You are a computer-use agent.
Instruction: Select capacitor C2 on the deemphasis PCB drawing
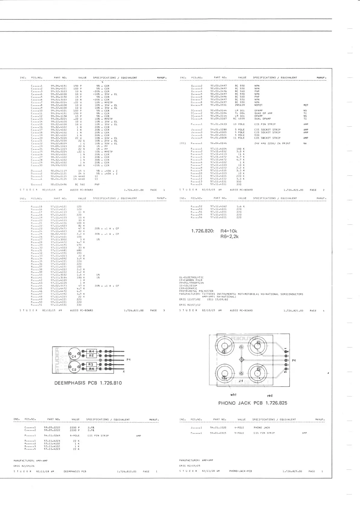tap(74, 368)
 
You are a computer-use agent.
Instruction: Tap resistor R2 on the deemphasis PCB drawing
tap(91, 356)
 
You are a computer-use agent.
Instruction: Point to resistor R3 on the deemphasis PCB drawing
tap(91, 364)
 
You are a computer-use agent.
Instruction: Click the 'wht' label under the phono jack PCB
tap(233, 394)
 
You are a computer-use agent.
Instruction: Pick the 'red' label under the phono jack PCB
tap(270, 396)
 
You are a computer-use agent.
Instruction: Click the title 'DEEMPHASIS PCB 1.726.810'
tap(88, 383)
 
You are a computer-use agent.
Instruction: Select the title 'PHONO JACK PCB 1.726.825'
tap(253, 403)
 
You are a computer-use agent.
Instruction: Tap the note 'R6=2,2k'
tap(229, 237)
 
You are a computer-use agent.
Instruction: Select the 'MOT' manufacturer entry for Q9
tap(306, 105)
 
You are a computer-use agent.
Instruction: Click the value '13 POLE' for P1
tap(239, 124)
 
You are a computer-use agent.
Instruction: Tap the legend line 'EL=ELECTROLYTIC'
tap(191, 277)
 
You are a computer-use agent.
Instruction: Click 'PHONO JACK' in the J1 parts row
tap(262, 428)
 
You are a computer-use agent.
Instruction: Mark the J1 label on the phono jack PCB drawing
tap(241, 381)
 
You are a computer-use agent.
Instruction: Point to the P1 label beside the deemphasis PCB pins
tap(129, 360)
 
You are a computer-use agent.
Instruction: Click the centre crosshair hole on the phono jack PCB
tap(241, 359)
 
